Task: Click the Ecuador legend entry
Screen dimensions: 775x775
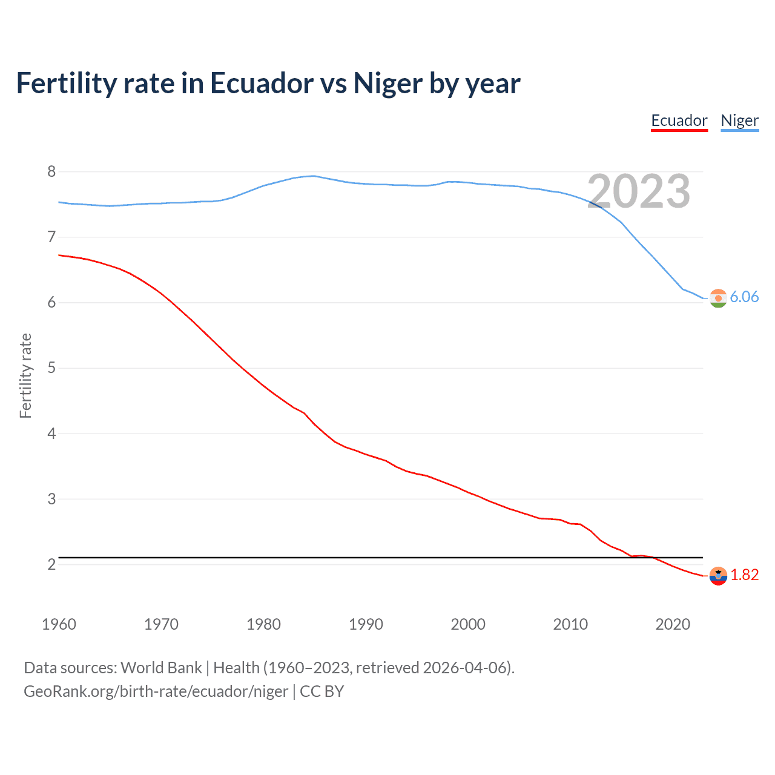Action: coord(679,120)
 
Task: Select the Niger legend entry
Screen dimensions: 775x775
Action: coord(739,120)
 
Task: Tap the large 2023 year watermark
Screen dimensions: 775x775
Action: coord(639,191)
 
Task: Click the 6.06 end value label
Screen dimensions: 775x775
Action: coord(744,297)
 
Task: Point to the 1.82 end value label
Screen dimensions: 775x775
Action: coord(744,575)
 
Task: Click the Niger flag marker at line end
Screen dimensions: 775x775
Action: coord(718,298)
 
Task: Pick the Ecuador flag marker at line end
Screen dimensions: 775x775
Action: coord(718,576)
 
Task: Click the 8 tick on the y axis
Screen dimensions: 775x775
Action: coord(51,171)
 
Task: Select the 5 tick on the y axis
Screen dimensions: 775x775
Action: coord(51,368)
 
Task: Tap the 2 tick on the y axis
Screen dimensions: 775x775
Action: coord(51,564)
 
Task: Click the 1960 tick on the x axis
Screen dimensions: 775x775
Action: coord(59,624)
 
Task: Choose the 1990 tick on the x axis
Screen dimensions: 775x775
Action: coord(366,624)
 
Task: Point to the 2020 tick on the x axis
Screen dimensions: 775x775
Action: coord(673,624)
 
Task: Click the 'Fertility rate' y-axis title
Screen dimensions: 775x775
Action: coord(25,375)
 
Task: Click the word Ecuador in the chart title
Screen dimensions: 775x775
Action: coord(262,84)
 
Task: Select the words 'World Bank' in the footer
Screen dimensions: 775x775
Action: coord(161,668)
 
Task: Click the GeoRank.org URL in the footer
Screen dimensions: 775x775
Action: coord(156,691)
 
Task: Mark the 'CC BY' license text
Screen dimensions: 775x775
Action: coord(322,691)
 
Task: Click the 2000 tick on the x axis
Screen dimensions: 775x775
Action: coord(468,624)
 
